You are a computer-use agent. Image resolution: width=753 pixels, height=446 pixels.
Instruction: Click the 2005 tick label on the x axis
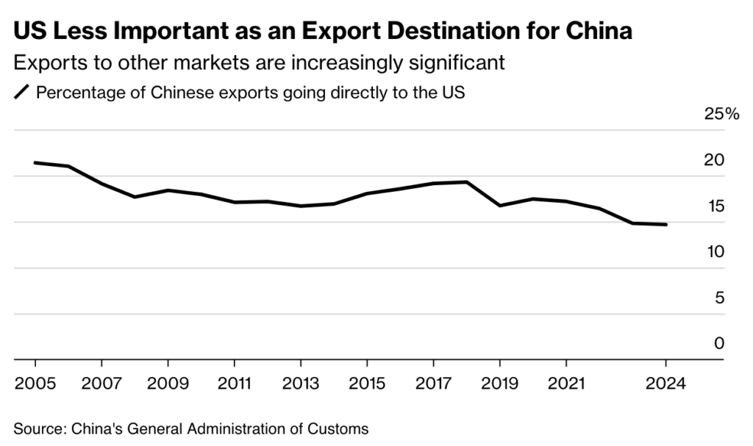point(35,383)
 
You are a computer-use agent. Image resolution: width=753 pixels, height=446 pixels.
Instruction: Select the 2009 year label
point(168,383)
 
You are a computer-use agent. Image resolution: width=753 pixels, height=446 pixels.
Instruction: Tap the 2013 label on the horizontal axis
point(300,383)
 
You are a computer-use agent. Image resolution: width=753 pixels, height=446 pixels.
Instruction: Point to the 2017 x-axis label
point(433,383)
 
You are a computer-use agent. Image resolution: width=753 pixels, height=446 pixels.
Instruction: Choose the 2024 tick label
point(665,383)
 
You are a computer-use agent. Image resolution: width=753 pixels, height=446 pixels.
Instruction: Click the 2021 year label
point(566,383)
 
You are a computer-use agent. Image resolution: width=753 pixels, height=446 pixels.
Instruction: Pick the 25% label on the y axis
point(701,114)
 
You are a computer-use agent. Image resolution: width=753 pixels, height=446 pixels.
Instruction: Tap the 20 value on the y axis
point(714,160)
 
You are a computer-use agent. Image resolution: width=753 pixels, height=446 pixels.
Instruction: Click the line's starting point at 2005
point(35,162)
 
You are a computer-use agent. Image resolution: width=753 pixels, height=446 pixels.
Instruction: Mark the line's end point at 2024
point(665,224)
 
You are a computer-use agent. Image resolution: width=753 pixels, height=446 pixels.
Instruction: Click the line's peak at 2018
point(466,181)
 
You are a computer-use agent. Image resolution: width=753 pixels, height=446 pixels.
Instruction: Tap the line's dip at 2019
point(500,206)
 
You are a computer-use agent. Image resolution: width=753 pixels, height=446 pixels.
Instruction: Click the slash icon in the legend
point(21,93)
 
